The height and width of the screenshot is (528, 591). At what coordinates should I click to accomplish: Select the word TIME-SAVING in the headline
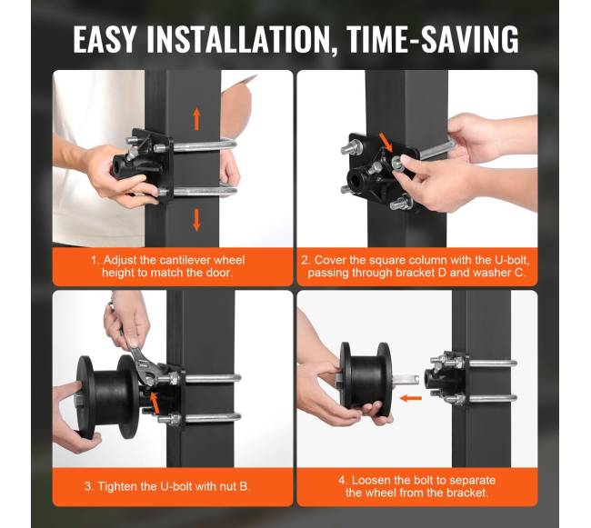tap(432, 39)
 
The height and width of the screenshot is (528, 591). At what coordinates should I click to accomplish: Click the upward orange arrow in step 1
tap(196, 119)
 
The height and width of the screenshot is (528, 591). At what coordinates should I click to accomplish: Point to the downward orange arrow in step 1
tap(196, 220)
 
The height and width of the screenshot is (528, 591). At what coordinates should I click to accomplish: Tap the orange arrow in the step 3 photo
tap(154, 403)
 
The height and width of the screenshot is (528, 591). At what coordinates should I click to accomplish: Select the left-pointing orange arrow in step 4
tap(410, 398)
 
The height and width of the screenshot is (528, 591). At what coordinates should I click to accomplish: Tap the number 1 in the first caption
tap(94, 260)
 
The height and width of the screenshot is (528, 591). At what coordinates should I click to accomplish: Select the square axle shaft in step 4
tap(406, 380)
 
